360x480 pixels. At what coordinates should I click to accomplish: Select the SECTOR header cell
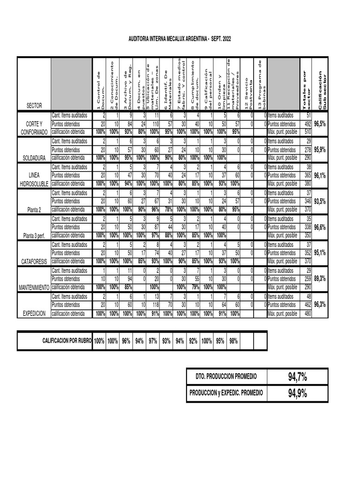[34, 105]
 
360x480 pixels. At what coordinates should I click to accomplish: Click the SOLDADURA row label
[34, 158]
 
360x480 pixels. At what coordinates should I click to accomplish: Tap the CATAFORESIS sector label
[34, 262]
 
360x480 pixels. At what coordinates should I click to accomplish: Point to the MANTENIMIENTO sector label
[34, 288]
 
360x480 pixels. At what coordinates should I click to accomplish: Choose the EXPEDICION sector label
[34, 314]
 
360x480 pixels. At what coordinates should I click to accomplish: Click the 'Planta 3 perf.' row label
[34, 236]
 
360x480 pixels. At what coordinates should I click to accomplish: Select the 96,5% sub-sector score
[320, 124]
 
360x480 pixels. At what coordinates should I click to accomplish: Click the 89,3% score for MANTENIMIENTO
[320, 278]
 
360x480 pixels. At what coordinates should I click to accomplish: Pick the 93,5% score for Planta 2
[320, 201]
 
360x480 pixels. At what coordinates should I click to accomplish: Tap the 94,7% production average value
[298, 376]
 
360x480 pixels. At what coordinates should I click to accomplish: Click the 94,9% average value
[298, 393]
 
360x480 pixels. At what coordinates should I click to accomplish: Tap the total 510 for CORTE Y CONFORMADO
[307, 132]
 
